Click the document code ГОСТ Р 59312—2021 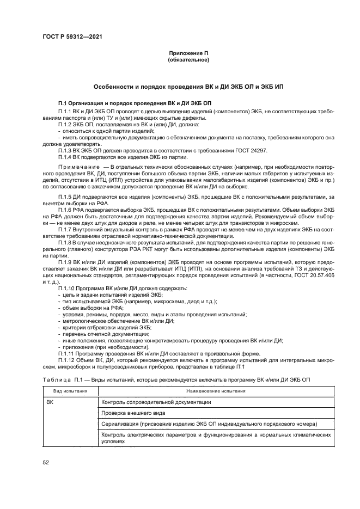coord(72,36)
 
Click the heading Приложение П coord(188,53)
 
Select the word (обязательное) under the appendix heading coord(188,59)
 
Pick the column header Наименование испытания coord(216,391)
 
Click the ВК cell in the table coord(50,402)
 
